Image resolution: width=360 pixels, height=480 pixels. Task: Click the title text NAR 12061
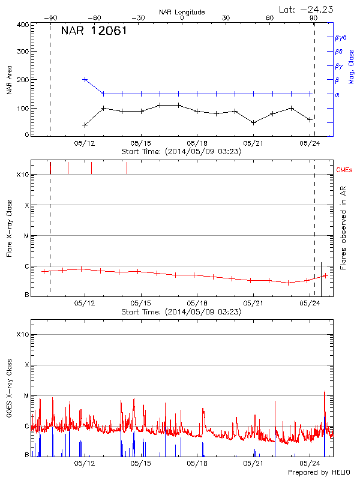point(94,32)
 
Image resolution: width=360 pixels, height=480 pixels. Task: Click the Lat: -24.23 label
point(305,8)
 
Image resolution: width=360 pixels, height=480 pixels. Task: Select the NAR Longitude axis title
point(182,11)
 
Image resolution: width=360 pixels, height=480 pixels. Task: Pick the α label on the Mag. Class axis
point(337,94)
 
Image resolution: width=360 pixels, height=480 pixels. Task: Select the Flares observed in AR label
point(343,229)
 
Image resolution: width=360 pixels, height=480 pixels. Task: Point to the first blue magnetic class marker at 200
point(85,79)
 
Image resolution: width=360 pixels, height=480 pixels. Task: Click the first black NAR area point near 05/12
point(85,125)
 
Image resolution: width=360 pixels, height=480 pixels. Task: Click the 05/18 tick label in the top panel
point(197,143)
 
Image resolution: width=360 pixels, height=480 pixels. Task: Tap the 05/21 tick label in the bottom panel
point(253,464)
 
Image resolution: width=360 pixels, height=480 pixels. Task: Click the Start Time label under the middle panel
point(182,312)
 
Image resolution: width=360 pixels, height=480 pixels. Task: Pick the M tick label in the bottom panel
point(26,396)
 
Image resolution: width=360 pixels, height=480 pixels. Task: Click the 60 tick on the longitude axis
point(270,18)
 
